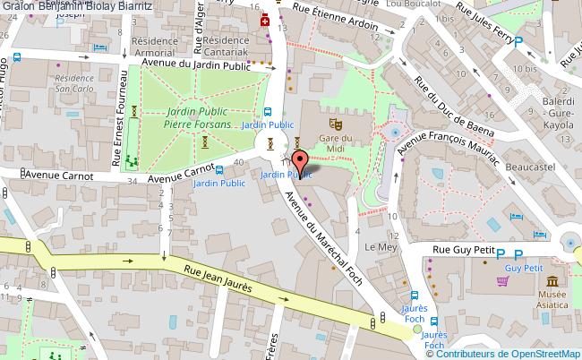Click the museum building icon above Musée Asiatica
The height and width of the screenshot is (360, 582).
click(x=549, y=279)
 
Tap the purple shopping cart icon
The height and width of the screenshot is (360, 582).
click(x=503, y=280)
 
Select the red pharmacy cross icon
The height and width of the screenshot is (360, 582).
click(x=264, y=21)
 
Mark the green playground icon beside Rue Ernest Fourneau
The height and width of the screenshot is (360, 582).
click(x=132, y=161)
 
